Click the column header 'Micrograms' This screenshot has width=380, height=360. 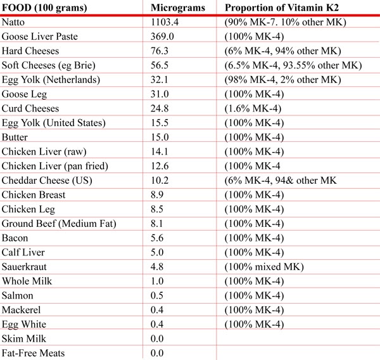click(x=175, y=8)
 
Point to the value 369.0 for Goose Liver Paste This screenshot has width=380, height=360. click(x=163, y=37)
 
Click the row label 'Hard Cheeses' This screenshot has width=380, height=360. click(x=29, y=51)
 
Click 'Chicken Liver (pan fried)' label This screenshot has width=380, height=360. click(x=55, y=165)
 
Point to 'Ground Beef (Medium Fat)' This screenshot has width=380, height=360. click(x=54, y=223)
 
